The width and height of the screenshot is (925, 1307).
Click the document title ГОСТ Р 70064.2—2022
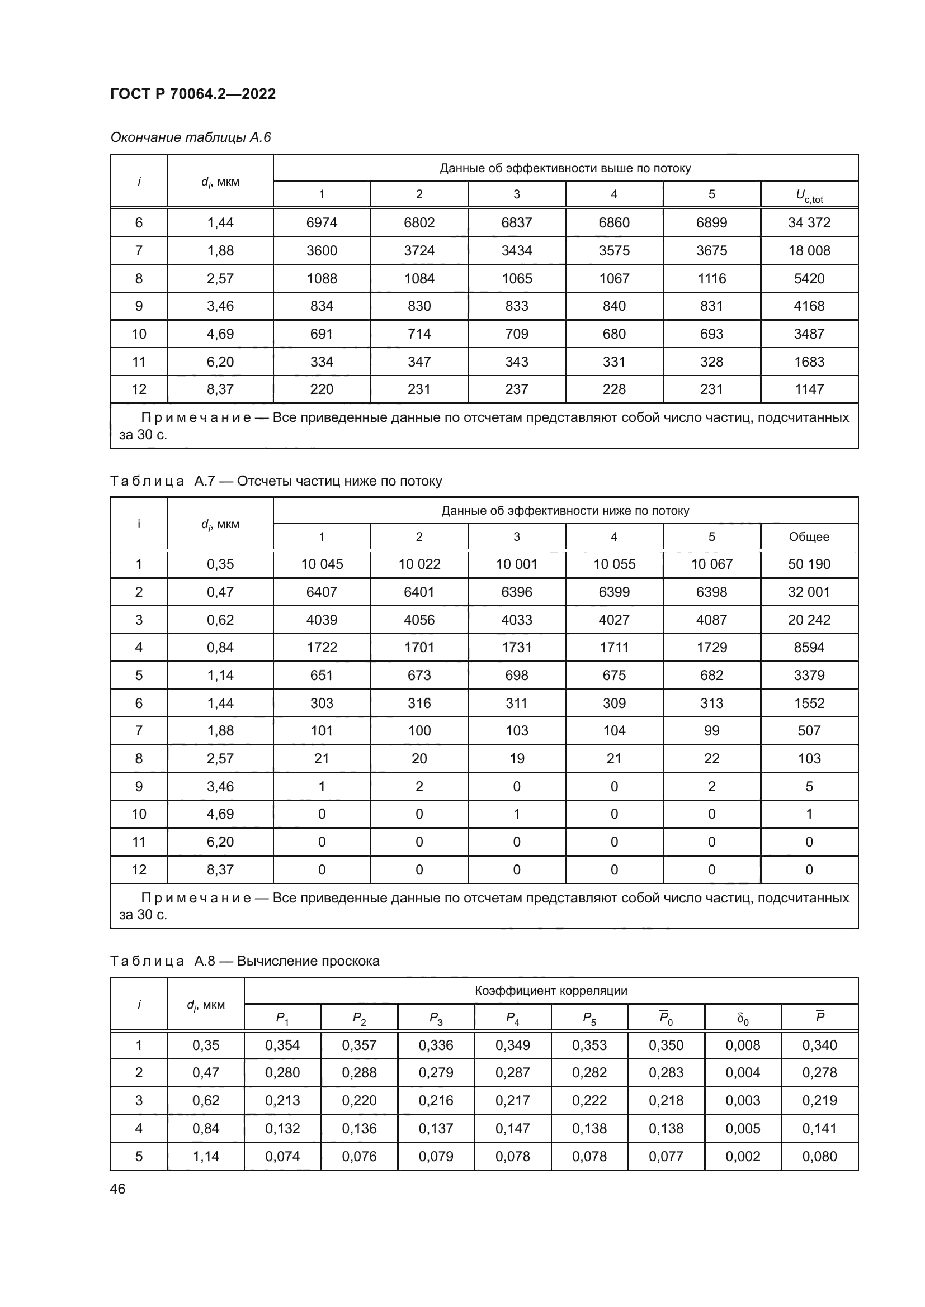click(x=192, y=94)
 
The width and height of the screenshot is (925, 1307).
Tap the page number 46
click(x=117, y=1189)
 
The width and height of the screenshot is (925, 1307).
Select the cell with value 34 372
click(x=809, y=222)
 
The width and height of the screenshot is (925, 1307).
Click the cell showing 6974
click(x=321, y=222)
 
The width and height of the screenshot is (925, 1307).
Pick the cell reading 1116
click(x=711, y=278)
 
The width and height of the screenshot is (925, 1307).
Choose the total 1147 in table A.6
click(x=809, y=389)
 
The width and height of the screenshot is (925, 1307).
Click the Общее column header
click(x=809, y=537)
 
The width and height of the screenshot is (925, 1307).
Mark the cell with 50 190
click(x=809, y=564)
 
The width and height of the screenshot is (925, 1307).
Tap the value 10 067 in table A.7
click(x=711, y=564)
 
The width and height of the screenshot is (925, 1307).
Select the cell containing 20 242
click(x=809, y=620)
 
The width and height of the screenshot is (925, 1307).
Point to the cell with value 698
click(x=517, y=675)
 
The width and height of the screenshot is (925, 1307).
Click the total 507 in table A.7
click(x=809, y=731)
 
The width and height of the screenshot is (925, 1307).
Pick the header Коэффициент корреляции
click(x=551, y=991)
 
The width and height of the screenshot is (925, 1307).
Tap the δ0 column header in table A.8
click(x=743, y=1018)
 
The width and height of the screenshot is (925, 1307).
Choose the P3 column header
click(x=436, y=1018)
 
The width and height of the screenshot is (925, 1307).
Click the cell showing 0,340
click(x=819, y=1045)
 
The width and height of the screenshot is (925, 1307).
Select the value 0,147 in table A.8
click(x=513, y=1128)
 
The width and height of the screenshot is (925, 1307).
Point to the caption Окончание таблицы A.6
click(x=190, y=137)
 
